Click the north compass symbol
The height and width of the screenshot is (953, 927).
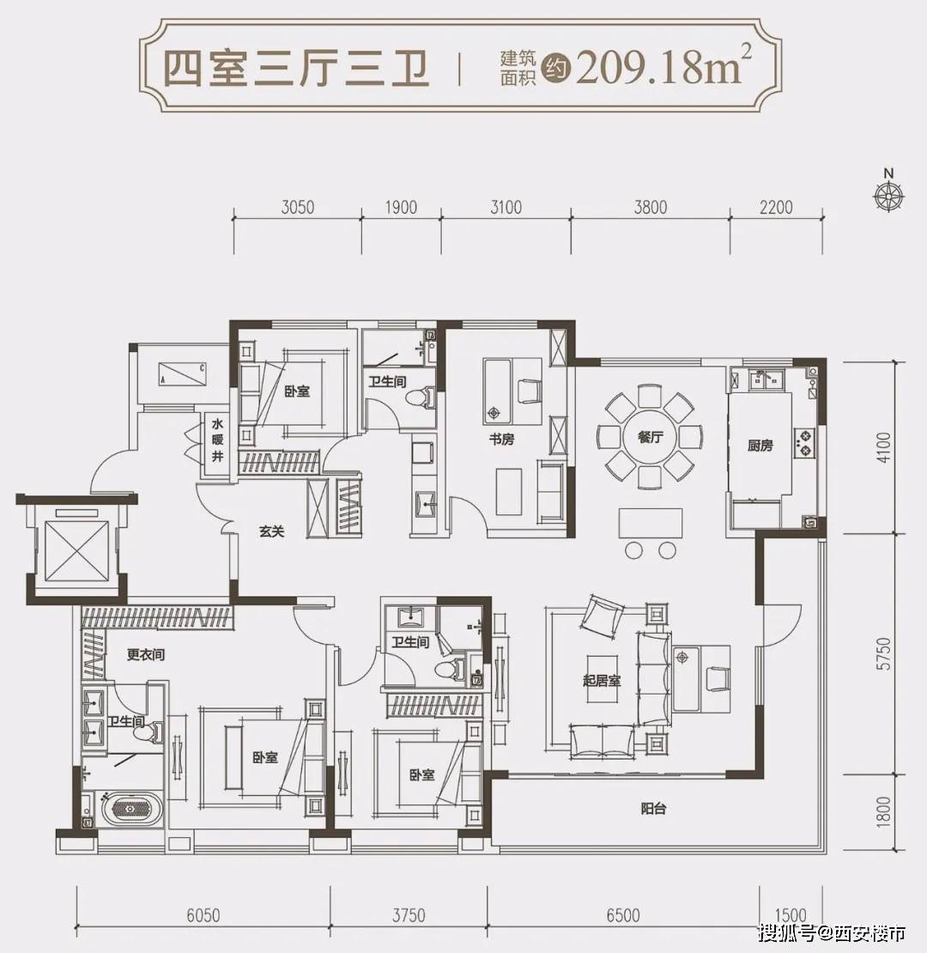888,195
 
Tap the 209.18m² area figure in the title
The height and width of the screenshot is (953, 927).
657,68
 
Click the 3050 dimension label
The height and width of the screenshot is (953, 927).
297,207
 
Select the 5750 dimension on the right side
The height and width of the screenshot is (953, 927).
886,654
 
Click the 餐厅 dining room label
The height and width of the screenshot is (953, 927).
650,437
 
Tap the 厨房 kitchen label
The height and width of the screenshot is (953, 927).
760,446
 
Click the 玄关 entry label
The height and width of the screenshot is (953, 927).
271,531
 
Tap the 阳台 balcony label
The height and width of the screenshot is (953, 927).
653,809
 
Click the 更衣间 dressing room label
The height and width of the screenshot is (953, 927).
145,655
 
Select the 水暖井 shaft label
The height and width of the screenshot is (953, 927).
217,440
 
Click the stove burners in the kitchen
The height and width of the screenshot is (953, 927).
806,441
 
